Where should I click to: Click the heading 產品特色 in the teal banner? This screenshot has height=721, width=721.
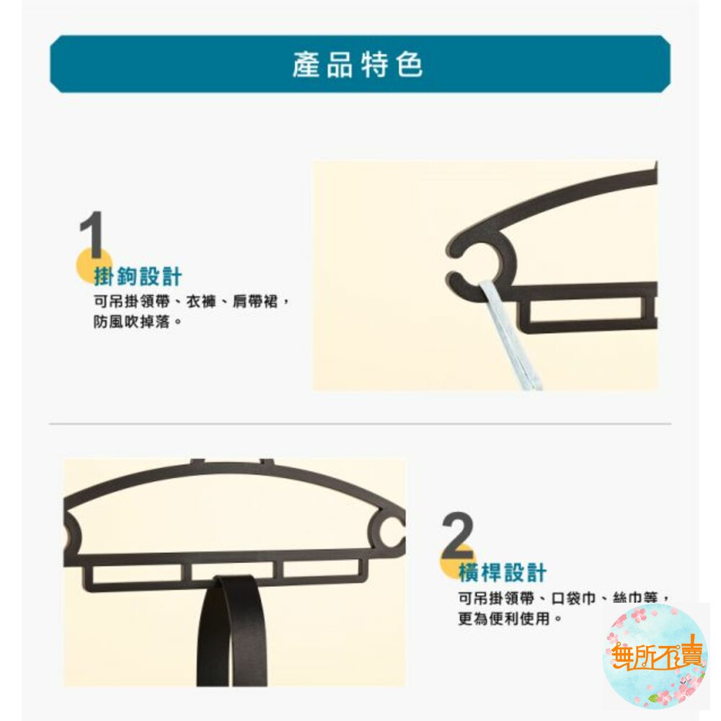[358, 64]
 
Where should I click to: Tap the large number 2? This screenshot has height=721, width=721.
[458, 534]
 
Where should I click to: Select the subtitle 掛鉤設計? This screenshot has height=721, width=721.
[138, 276]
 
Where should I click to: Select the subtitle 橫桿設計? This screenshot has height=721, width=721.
[502, 572]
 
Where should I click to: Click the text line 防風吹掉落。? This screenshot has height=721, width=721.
[138, 322]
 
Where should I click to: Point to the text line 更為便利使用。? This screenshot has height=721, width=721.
[510, 619]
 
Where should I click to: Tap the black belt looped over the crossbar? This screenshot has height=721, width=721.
[231, 630]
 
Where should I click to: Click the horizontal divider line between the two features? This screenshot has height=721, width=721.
[360, 423]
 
